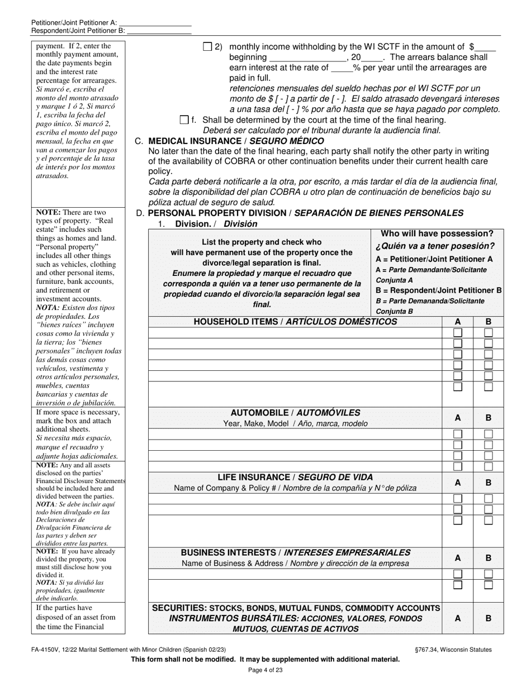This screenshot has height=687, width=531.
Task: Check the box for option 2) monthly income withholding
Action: tap(207, 47)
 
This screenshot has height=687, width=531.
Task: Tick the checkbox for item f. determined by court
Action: tap(184, 120)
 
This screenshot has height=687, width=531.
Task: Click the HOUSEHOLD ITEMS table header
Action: tap(295, 322)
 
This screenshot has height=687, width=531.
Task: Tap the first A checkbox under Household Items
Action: tap(458, 333)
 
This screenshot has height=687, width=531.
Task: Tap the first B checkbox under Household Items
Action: tap(489, 333)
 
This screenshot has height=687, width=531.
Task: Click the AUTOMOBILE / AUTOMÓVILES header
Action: tap(295, 413)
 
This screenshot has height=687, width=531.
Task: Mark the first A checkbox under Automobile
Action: tap(458, 434)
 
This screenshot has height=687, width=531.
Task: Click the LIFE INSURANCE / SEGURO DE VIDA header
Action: tap(295, 478)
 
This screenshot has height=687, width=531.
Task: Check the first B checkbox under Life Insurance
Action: tap(489, 498)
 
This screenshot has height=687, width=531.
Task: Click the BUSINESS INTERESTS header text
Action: tap(295, 552)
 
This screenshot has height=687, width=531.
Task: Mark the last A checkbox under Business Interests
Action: tap(458, 585)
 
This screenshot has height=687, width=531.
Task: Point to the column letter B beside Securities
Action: tap(489, 618)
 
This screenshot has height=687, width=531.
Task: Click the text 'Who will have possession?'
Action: tap(437, 233)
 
